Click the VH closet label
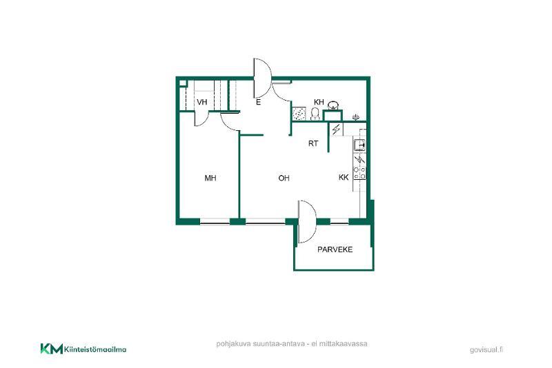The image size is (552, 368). coord(201,102)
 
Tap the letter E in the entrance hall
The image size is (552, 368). coord(258,103)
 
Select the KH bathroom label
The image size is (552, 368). coord(319,102)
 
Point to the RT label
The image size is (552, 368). coord(313,143)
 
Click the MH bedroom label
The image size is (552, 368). coord(210,178)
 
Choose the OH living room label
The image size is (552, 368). coord(284,178)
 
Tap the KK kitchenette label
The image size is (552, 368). coord(344,178)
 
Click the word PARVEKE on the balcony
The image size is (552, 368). coord(335,249)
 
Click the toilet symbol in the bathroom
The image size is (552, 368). coord(315,114)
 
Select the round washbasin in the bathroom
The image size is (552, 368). coord(333,105)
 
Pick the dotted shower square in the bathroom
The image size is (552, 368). coord(299,114)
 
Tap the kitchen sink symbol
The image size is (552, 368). coord(359,145)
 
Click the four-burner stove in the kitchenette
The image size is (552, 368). coord(359,173)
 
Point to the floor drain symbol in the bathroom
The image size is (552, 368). coord(356,117)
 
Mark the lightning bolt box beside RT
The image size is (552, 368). coord(337,129)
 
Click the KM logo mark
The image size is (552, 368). coord(52,349)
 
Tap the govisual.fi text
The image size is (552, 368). coord(486,349)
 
